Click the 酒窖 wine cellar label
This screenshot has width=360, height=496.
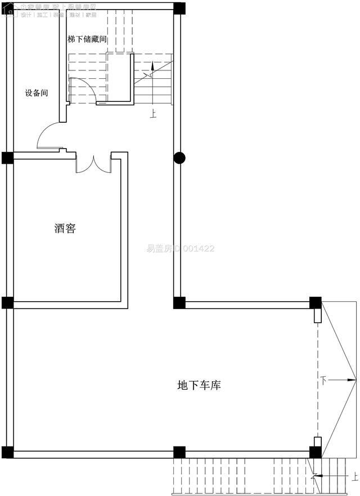pos(65,229)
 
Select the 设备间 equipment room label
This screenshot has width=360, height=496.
pos(36,93)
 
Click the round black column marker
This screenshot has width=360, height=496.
pos(179,158)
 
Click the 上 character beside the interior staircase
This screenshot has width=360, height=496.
pos(153,113)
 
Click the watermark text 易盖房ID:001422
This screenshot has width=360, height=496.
pos(181,248)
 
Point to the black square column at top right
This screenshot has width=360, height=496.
pos(179,8)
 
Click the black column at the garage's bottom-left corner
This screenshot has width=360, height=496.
pos(7,452)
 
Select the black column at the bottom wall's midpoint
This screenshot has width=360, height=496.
pos(179,452)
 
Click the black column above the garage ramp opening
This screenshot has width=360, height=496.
pos(316,302)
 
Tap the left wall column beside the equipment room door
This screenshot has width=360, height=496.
pos(7,158)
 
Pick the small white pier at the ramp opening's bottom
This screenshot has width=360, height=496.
pos(317,442)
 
